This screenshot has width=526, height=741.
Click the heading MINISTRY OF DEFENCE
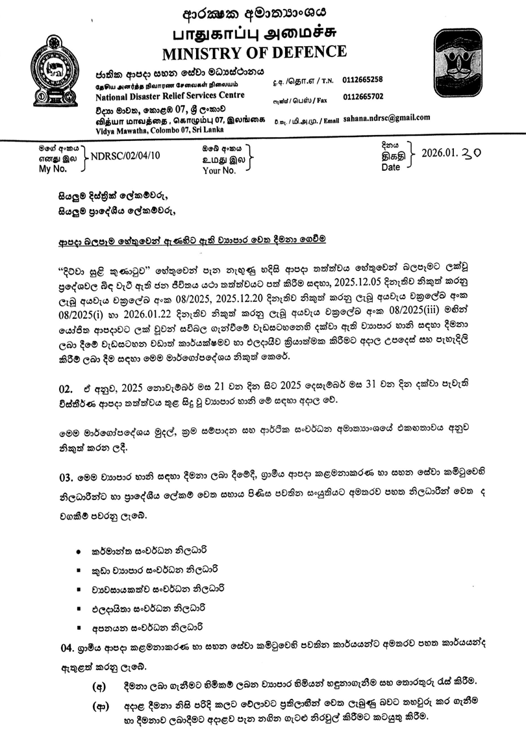tap(254, 51)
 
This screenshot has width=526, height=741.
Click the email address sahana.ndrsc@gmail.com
tap(386, 118)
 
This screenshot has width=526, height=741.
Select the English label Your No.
tap(219, 171)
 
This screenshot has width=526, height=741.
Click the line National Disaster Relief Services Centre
tap(166, 95)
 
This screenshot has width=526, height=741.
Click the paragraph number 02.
tap(67, 388)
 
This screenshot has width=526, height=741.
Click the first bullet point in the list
tap(79, 551)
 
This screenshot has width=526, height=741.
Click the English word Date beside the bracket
tap(391, 167)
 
